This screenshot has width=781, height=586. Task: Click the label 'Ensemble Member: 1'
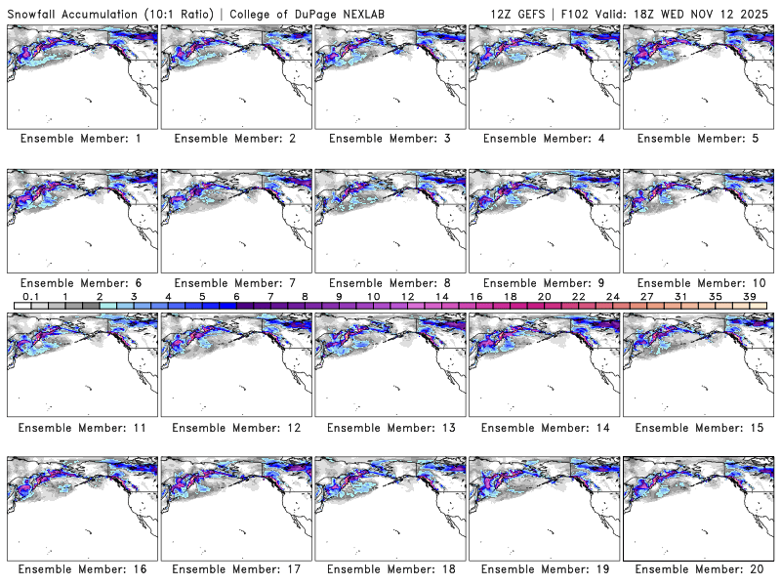tap(81, 139)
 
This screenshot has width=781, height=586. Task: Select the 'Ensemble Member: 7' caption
tap(235, 282)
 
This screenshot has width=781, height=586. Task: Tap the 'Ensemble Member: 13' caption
tap(390, 427)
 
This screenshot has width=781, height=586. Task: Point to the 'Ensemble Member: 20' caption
tap(699, 570)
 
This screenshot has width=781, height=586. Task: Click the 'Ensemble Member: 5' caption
tap(699, 139)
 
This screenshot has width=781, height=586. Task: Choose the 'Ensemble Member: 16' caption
tap(81, 570)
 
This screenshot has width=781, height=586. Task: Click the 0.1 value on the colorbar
tap(31, 296)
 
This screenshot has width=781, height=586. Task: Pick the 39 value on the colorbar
tap(749, 296)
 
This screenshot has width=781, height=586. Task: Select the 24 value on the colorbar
tap(612, 296)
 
